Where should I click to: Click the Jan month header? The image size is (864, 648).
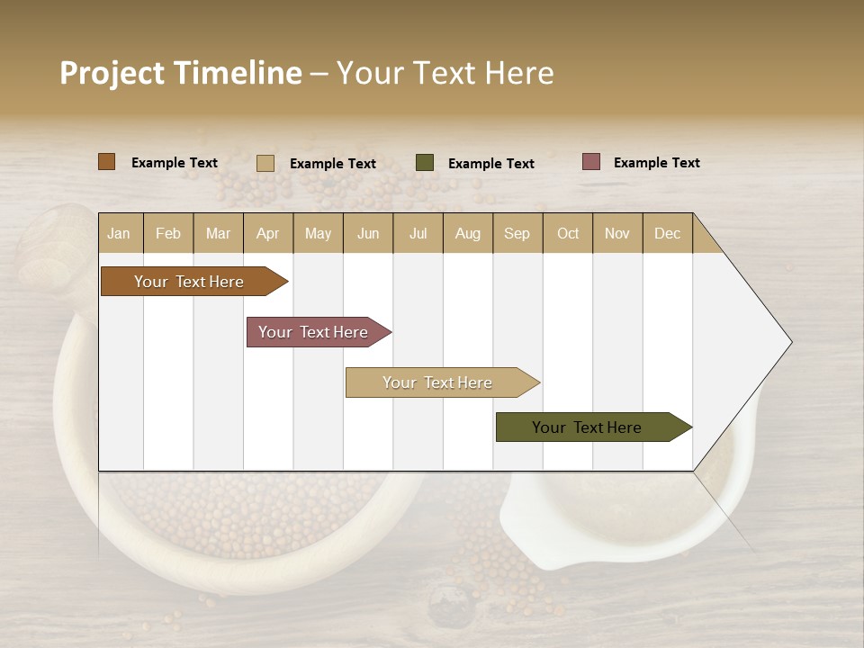tap(120, 233)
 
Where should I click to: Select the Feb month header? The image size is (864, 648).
tap(168, 233)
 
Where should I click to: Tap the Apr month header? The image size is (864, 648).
tap(268, 233)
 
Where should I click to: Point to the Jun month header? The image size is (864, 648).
tap(368, 233)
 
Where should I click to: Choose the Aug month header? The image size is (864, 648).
tap(468, 233)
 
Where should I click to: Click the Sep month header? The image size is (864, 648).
tap(517, 233)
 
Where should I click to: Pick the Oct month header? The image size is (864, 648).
tap(568, 233)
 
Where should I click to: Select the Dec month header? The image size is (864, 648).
tap(668, 233)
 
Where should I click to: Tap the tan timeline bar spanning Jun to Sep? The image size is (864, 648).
tap(439, 382)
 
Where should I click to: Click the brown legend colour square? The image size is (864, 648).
tap(107, 162)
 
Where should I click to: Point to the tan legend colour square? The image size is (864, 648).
tap(265, 163)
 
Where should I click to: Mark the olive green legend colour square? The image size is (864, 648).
tap(425, 163)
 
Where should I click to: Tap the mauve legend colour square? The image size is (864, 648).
tap(591, 162)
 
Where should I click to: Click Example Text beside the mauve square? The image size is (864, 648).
tap(657, 163)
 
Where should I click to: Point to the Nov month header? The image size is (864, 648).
tap(617, 233)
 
